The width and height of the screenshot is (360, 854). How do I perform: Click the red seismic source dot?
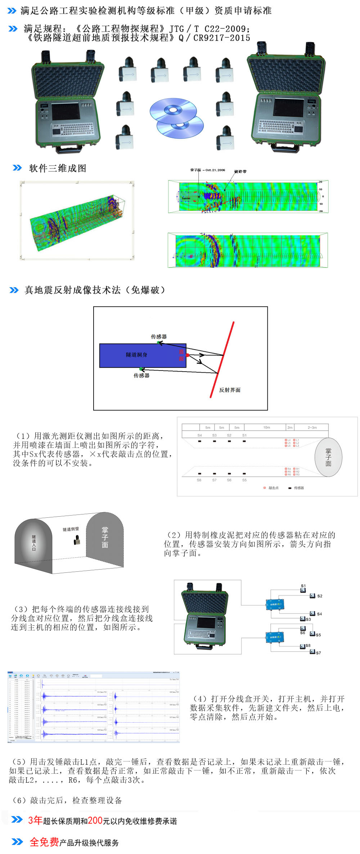coord(188,355)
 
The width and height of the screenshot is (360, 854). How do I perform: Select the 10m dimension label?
coord(266,427)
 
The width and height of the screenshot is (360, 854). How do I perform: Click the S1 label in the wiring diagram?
coord(303,586)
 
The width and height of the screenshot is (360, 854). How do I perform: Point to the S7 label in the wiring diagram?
coord(318,653)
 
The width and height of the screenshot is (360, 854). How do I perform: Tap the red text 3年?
coord(35,821)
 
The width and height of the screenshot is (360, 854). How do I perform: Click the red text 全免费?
coord(44,842)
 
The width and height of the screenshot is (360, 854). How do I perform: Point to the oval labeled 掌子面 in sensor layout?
coord(328,458)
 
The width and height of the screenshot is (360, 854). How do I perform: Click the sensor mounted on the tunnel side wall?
coord(77,540)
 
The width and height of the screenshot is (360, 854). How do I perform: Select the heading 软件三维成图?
coord(58,168)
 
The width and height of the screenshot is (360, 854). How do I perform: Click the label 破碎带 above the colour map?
coord(240,171)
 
